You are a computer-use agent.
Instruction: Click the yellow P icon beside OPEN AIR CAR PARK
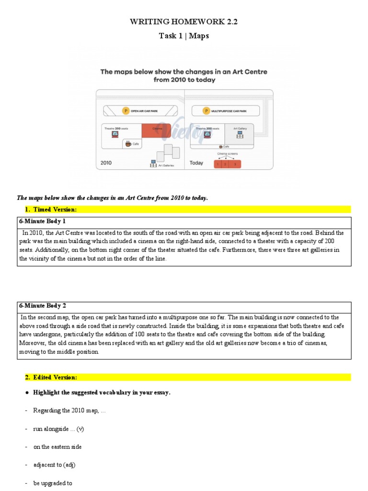pos(126,111)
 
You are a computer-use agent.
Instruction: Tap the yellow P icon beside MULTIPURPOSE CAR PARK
pos(206,111)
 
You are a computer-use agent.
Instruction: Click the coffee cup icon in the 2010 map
pos(128,143)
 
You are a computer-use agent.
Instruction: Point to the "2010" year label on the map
pos(106,163)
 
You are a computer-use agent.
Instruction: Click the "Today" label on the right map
pos(196,163)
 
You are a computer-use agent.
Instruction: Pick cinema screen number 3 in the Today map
pos(235,164)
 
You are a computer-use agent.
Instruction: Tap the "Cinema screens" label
pos(227,154)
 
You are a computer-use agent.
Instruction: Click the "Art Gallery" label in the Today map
pos(240,129)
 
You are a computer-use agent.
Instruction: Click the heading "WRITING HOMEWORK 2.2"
pos(184,22)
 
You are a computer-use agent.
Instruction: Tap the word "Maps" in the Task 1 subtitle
pos(199,36)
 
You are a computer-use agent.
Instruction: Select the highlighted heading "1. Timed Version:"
pos(50,209)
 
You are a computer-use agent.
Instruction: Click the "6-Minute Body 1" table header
pos(42,222)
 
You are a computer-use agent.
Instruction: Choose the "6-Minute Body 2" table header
pos(42,305)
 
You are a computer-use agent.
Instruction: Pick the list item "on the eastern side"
pos(57,446)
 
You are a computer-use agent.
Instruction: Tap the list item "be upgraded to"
pos(53,483)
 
